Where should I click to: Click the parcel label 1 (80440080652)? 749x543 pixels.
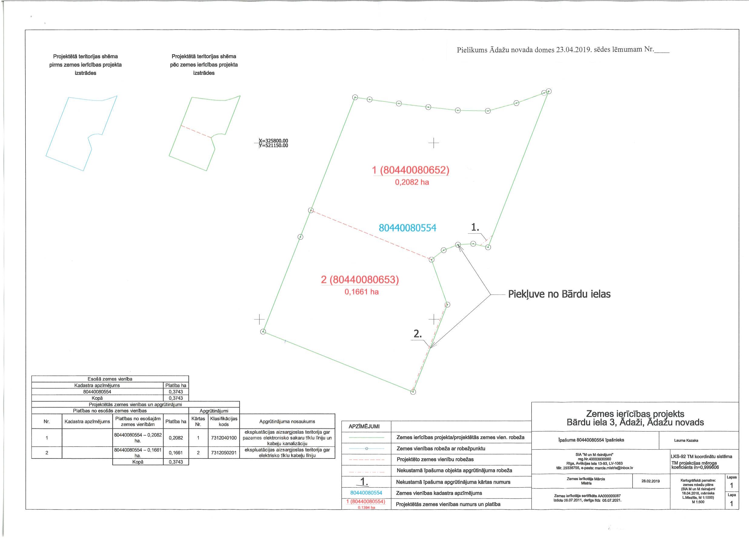(411, 170)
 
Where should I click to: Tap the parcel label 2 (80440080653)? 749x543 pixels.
(360, 280)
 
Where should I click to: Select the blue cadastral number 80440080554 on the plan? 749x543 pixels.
(408, 228)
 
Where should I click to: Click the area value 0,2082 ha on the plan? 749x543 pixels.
(412, 182)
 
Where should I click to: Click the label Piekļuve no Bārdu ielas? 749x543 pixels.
(559, 294)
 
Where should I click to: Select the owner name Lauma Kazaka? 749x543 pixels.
(686, 440)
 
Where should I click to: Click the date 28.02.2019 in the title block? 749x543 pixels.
(651, 481)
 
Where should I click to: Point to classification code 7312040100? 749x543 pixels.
(224, 438)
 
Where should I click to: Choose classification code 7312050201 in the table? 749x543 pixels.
(224, 452)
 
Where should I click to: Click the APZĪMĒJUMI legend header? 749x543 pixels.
(364, 426)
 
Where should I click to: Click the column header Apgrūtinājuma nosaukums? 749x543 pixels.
(287, 421)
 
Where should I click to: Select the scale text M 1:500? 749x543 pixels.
(698, 502)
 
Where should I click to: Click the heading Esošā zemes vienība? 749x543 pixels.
(110, 379)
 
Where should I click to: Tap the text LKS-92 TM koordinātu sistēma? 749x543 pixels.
(701, 456)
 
